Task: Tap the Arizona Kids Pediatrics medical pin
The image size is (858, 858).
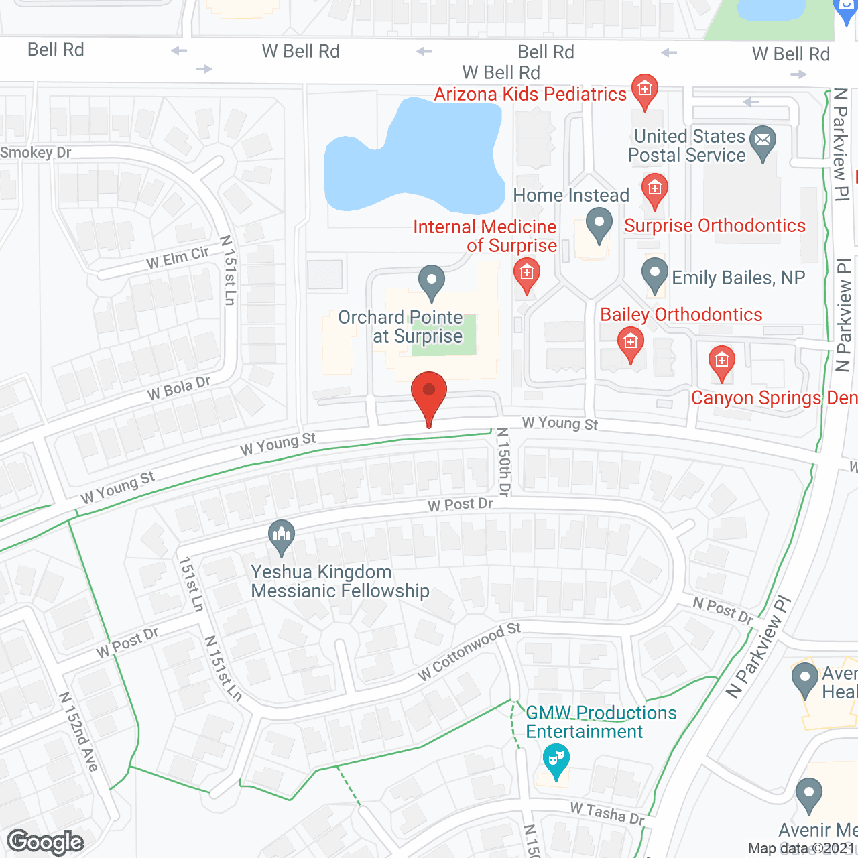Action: (x=644, y=90)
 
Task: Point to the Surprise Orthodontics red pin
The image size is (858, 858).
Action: (x=654, y=190)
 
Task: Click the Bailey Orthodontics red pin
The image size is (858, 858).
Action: (x=630, y=344)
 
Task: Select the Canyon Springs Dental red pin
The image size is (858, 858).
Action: (x=721, y=363)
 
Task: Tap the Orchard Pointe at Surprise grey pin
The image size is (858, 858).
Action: (x=431, y=282)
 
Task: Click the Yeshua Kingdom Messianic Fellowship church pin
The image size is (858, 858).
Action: (x=282, y=536)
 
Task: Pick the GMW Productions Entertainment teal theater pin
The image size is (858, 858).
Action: (x=556, y=760)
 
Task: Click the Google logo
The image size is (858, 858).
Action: (x=46, y=842)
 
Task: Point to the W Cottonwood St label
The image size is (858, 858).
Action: (x=469, y=652)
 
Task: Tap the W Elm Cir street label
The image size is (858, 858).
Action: (x=178, y=258)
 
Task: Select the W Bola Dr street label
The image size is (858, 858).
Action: (x=179, y=388)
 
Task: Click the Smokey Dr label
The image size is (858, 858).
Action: (x=36, y=153)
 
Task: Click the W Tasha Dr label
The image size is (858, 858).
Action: (x=607, y=813)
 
